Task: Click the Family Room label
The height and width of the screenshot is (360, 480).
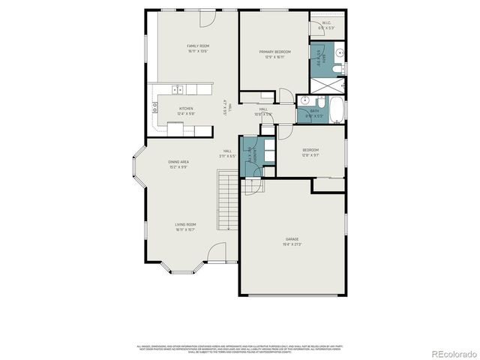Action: pyautogui.click(x=197, y=46)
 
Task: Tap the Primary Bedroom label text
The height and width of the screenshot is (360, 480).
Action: pyautogui.click(x=274, y=52)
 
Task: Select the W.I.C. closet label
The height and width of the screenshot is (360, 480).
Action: pyautogui.click(x=327, y=22)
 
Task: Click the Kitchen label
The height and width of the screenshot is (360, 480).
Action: pyautogui.click(x=185, y=108)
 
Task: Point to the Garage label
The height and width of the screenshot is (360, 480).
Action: pyautogui.click(x=292, y=238)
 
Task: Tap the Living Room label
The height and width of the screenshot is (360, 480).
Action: pyautogui.click(x=185, y=224)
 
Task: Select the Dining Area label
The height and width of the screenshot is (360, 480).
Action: pyautogui.click(x=178, y=161)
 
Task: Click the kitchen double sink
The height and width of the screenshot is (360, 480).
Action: pyautogui.click(x=178, y=90)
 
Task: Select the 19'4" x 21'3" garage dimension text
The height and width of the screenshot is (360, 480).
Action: pyautogui.click(x=292, y=244)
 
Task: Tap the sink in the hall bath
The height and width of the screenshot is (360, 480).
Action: pyautogui.click(x=305, y=100)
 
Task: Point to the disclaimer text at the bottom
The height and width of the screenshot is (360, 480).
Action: pyautogui.click(x=240, y=349)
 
